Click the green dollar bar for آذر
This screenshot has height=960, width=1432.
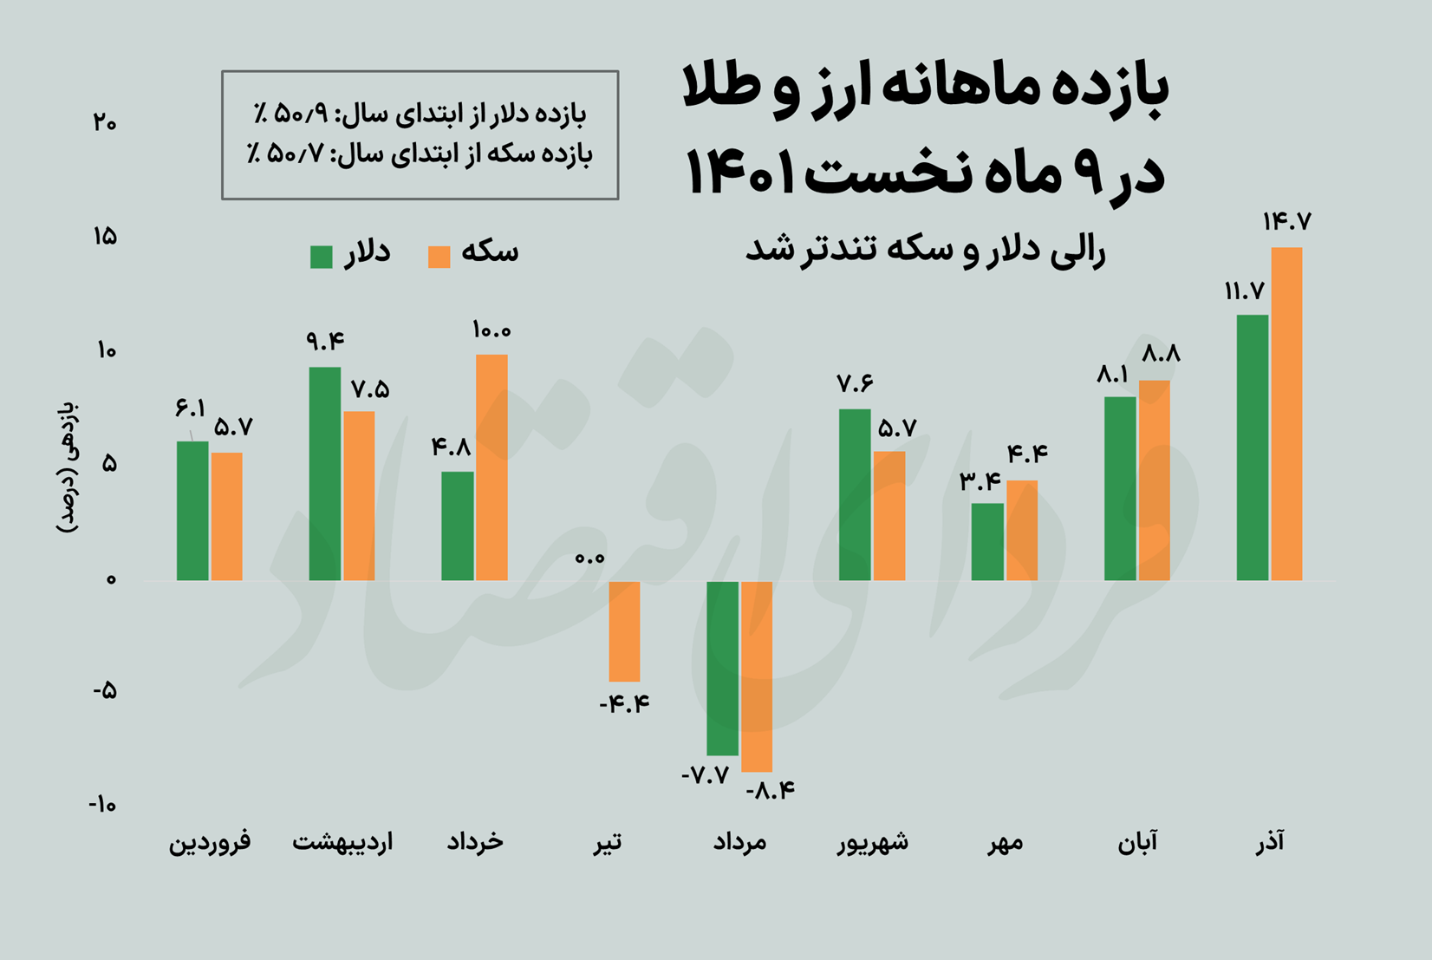click(x=1252, y=447)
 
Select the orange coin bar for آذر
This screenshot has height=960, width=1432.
click(x=1286, y=414)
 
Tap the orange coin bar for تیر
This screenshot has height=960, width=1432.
click(x=624, y=631)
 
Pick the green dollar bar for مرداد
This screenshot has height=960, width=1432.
click(x=722, y=668)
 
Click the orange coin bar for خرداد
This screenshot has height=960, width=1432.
click(x=491, y=467)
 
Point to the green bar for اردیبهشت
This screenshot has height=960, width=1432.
click(x=325, y=473)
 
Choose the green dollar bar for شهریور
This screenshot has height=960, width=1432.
click(x=855, y=494)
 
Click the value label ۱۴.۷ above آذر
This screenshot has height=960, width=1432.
click(x=1286, y=222)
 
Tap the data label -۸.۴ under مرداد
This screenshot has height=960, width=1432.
click(x=771, y=790)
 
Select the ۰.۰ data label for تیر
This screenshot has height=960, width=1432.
click(x=589, y=558)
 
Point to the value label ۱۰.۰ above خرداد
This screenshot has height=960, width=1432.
click(x=491, y=330)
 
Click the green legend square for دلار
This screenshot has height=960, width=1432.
click(x=322, y=257)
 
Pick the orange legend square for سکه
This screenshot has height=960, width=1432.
click(x=439, y=257)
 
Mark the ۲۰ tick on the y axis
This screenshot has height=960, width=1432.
click(x=105, y=122)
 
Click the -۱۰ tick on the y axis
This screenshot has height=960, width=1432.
click(x=102, y=805)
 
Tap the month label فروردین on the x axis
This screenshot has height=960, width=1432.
click(x=210, y=842)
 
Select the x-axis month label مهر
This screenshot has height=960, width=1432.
click(x=1005, y=842)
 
